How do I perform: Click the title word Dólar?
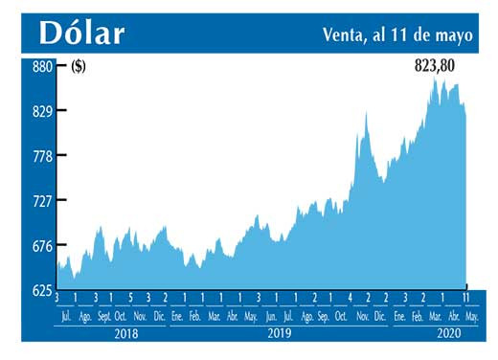(81, 33)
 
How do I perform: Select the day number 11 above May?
(466, 298)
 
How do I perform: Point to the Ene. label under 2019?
(176, 316)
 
